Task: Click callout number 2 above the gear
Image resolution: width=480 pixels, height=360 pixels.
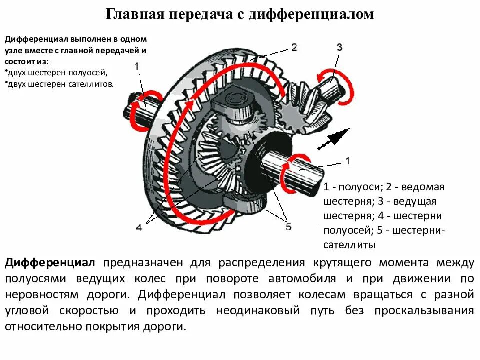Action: (x=294, y=47)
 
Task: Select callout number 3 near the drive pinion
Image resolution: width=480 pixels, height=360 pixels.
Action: (x=339, y=47)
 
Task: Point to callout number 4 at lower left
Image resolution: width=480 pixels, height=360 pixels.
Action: (x=139, y=227)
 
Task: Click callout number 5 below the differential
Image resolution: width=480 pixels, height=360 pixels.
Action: (x=288, y=227)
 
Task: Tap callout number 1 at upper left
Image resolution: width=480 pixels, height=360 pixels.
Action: (x=137, y=65)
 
